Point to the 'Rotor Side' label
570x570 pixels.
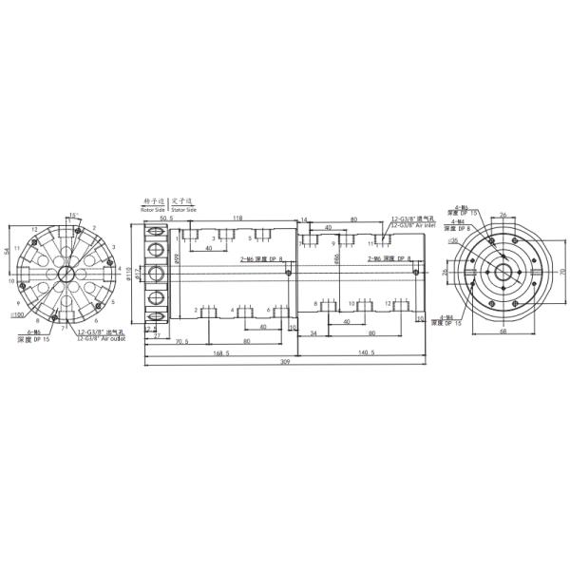[x=153, y=208]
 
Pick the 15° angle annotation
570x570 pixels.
[x=73, y=216]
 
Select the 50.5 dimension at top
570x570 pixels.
[x=167, y=218]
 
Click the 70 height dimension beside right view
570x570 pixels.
[x=563, y=272]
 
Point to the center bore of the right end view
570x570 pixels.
[x=502, y=272]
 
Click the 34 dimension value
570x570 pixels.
[x=313, y=332]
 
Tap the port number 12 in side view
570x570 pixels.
[x=389, y=303]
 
